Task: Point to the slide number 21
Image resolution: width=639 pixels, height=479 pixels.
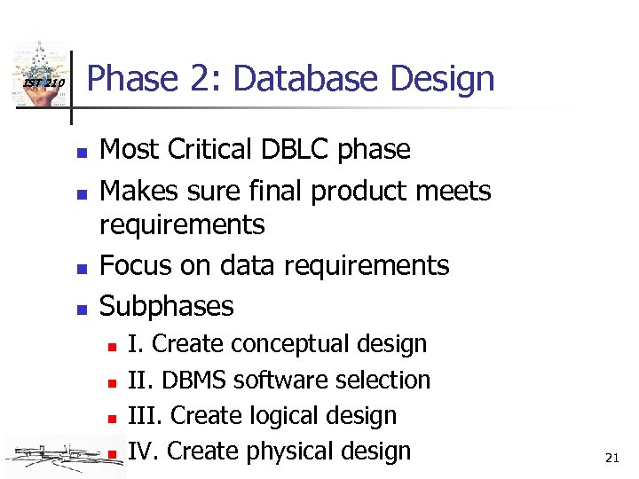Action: click(x=611, y=458)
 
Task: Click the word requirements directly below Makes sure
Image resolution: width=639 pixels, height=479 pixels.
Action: click(x=182, y=224)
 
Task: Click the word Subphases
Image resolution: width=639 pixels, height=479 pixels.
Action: click(x=167, y=306)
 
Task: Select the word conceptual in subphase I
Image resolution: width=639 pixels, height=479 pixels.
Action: click(x=290, y=343)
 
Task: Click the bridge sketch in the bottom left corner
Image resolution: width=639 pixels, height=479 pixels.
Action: click(x=53, y=455)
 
